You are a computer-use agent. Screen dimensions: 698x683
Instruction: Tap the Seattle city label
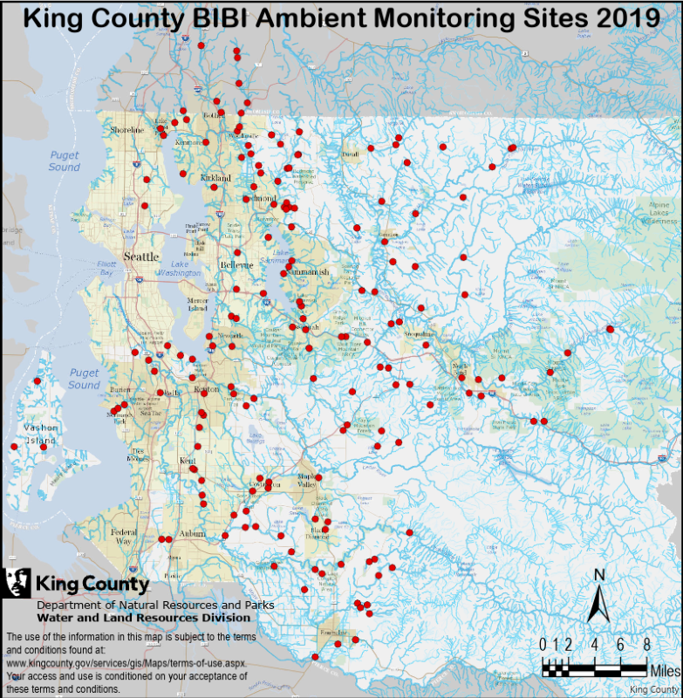coord(141,257)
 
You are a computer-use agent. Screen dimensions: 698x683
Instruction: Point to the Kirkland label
coord(215,178)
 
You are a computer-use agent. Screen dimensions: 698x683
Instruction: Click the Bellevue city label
coord(236,264)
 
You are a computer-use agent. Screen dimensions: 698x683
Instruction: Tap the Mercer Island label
coord(198,304)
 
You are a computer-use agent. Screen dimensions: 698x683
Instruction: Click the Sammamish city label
coord(310,272)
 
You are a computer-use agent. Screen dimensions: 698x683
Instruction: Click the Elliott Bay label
coord(106,268)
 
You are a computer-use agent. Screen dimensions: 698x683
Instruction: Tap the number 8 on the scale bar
coord(646,645)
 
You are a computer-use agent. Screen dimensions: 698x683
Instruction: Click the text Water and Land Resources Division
coord(144,618)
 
